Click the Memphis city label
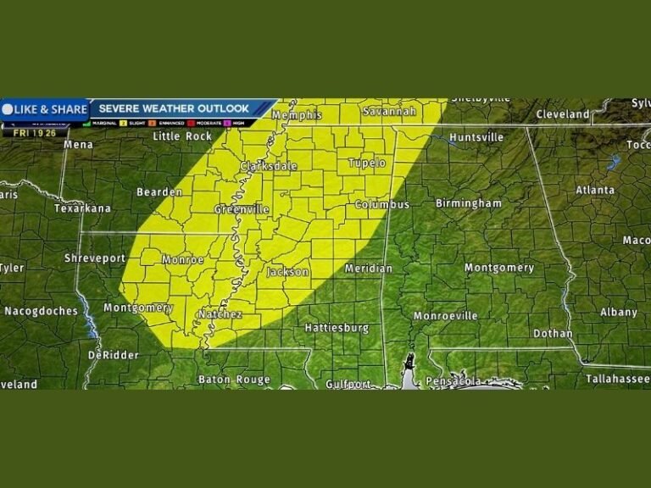[297, 114]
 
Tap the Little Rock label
[182, 136]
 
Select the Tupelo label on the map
[367, 163]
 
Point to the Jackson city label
[288, 272]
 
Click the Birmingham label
[469, 203]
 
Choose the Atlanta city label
[595, 190]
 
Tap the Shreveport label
[95, 258]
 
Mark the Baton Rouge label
[234, 380]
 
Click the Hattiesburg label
[337, 327]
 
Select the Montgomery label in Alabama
[499, 268]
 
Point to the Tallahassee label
[617, 380]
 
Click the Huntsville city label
[476, 137]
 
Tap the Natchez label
[220, 314]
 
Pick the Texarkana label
[82, 208]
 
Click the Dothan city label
[553, 334]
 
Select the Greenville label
[242, 209]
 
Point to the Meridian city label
[369, 269]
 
